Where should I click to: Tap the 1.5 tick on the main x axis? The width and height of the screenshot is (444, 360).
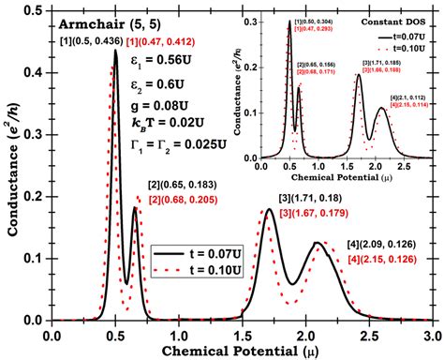pyautogui.click(x=241, y=333)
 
